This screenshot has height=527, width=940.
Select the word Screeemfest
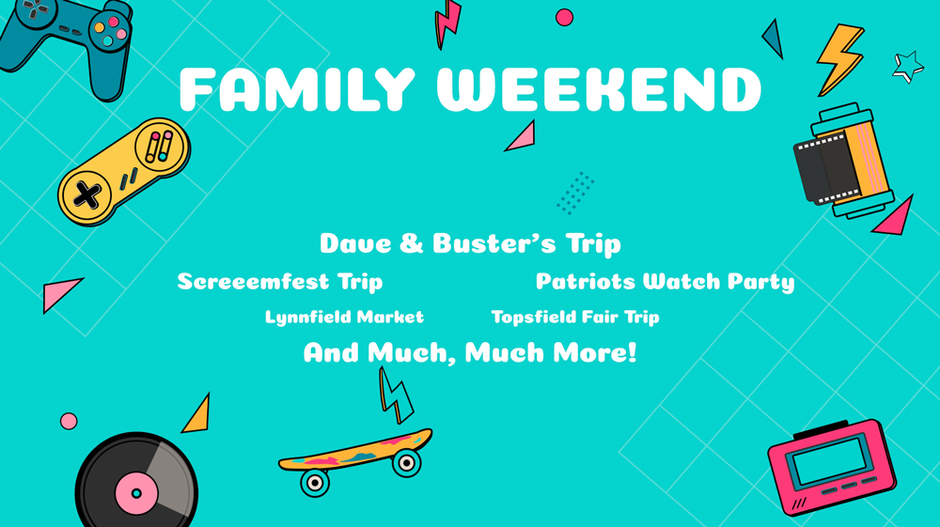coord(253,282)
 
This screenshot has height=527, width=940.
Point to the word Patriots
coord(586,281)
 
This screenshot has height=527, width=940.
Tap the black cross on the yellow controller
coord(86,195)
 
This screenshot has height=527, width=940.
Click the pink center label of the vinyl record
coord(136,493)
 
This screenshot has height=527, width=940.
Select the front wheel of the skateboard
coord(406,463)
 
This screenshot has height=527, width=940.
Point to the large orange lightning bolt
coord(840,58)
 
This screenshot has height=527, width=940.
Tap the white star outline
coord(908,67)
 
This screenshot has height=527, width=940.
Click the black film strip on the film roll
coord(826,167)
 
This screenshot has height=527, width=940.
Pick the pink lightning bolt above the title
coord(447,24)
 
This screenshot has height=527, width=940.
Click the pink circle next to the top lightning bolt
coord(564,18)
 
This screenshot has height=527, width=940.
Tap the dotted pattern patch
coord(575,193)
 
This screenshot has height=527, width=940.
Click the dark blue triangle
coord(775,39)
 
